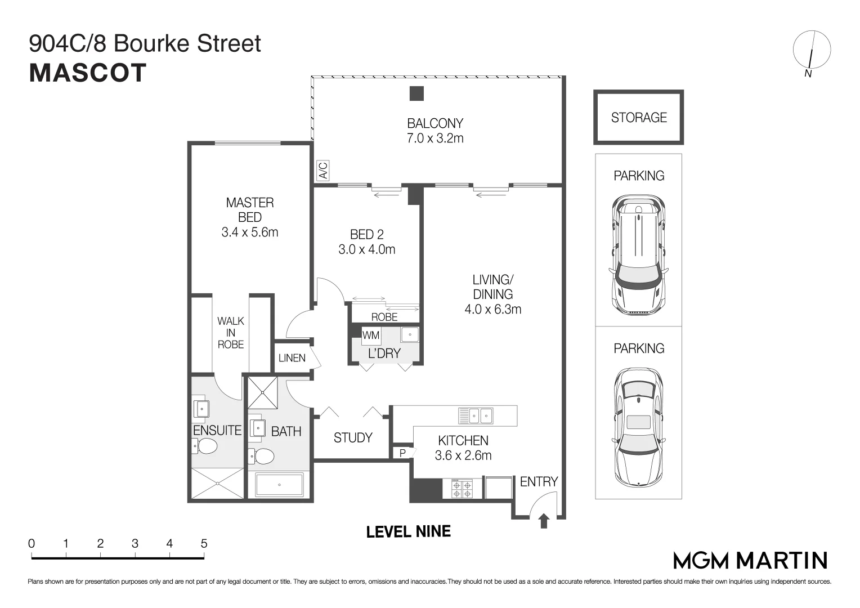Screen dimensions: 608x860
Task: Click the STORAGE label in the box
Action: click(x=638, y=118)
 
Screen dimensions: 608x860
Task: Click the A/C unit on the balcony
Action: click(x=323, y=171)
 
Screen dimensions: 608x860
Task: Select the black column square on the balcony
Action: click(x=416, y=93)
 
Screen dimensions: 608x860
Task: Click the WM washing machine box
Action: click(x=370, y=336)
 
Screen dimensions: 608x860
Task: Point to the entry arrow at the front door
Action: click(x=543, y=521)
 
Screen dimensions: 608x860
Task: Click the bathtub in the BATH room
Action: click(x=279, y=485)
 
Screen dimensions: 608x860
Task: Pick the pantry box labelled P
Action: click(x=402, y=453)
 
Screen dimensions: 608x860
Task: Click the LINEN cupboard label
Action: click(x=292, y=358)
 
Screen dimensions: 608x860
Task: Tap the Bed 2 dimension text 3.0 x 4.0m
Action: click(x=366, y=249)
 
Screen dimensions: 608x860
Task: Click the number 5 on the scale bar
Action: click(x=204, y=544)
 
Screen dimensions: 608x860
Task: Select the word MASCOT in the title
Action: click(x=88, y=73)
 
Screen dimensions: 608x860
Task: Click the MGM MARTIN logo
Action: click(x=750, y=560)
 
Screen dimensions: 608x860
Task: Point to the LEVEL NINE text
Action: click(x=408, y=531)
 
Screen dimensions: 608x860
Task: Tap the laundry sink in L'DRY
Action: click(x=410, y=335)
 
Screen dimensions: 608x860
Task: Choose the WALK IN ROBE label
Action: click(x=231, y=332)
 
